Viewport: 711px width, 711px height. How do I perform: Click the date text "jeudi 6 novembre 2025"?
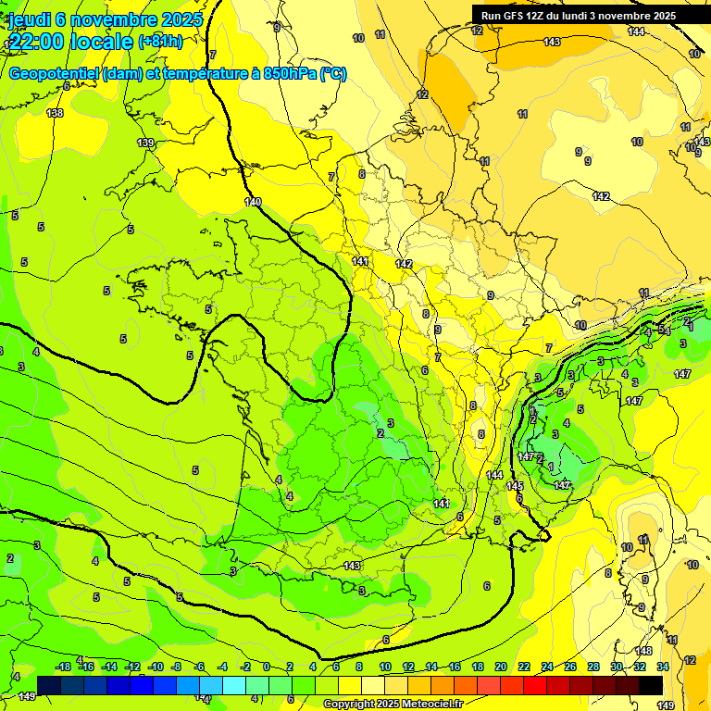click(x=95, y=19)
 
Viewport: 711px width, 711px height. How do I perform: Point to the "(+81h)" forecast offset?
click(x=160, y=42)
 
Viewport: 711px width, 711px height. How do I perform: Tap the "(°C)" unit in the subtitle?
click(x=333, y=74)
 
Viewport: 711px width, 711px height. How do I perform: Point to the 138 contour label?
click(x=56, y=113)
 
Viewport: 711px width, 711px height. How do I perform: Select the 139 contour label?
click(x=145, y=143)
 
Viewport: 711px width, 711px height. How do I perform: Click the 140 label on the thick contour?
click(x=253, y=202)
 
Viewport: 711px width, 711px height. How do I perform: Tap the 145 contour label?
click(x=516, y=486)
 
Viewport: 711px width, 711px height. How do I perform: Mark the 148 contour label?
click(x=643, y=651)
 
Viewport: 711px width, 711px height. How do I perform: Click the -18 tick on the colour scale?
click(x=63, y=667)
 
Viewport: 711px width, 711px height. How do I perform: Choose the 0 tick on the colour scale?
click(x=266, y=667)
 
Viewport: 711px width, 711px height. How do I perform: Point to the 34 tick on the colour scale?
click(x=663, y=667)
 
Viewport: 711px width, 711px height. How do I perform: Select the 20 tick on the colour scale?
click(x=500, y=667)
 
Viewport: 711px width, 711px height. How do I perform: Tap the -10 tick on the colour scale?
click(x=156, y=667)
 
